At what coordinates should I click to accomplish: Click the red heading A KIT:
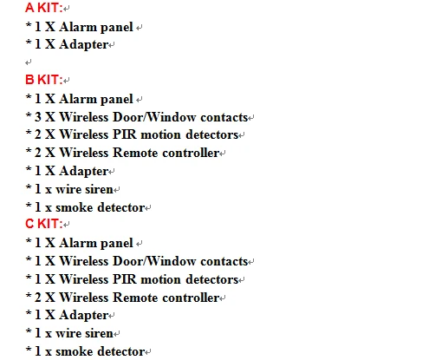click(x=44, y=8)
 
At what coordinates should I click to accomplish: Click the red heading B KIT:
click(x=44, y=80)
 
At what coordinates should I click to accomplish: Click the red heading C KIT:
click(x=44, y=224)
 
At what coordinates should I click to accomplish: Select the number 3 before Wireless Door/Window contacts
click(x=38, y=117)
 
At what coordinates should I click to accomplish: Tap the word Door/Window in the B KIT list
click(x=154, y=117)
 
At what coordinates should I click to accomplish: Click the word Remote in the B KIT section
click(x=135, y=153)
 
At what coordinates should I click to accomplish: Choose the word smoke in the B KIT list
click(x=75, y=207)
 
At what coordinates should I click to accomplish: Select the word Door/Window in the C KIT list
click(x=154, y=261)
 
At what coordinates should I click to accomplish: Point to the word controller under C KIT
click(x=191, y=298)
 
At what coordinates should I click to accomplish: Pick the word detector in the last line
click(x=121, y=351)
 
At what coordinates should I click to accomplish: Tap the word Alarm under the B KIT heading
click(x=78, y=99)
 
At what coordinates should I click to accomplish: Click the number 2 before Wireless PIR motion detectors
click(x=38, y=134)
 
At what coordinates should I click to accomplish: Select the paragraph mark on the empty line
click(x=28, y=62)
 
